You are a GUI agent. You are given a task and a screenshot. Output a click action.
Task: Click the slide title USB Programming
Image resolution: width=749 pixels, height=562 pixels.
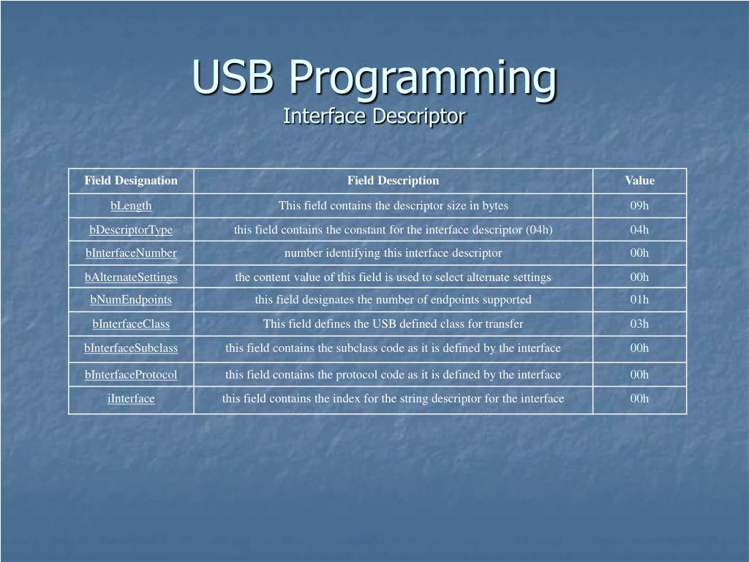click(x=374, y=77)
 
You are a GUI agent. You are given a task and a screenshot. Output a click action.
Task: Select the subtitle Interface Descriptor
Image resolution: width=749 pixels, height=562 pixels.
click(x=374, y=116)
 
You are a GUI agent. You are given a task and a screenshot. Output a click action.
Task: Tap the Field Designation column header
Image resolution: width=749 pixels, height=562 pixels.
click(x=131, y=181)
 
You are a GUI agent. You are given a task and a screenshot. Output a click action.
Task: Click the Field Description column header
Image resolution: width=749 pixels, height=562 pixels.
click(x=393, y=181)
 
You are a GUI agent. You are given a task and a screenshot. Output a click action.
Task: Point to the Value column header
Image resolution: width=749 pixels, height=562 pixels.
click(x=639, y=181)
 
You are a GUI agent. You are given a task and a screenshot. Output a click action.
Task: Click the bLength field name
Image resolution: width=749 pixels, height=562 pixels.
click(x=131, y=206)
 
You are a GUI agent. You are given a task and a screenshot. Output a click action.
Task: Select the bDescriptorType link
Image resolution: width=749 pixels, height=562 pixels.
click(x=131, y=230)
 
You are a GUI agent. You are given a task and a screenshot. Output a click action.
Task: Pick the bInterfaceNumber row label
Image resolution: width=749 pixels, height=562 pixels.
click(x=131, y=253)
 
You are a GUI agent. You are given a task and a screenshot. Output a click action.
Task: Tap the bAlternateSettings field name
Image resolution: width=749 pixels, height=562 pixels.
click(x=131, y=277)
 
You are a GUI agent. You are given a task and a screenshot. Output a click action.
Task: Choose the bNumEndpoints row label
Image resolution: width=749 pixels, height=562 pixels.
click(x=131, y=299)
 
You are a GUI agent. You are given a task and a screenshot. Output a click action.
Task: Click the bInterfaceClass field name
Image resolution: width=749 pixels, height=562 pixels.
click(x=131, y=324)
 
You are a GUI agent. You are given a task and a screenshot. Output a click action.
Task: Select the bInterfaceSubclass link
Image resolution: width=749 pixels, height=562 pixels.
click(x=131, y=348)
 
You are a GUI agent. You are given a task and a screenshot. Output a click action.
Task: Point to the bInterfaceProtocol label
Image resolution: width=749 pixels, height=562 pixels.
click(x=131, y=375)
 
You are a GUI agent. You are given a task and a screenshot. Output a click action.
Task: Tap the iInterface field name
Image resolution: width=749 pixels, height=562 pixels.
click(x=131, y=399)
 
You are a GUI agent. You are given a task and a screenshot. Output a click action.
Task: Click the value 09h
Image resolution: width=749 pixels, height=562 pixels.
click(x=639, y=206)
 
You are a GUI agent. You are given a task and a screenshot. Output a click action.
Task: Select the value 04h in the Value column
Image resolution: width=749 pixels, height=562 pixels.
click(x=639, y=230)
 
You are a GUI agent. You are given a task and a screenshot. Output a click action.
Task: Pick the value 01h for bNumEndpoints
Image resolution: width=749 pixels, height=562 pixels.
click(x=639, y=299)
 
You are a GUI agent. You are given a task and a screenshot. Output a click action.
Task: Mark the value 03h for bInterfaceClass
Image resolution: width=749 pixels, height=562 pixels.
click(x=639, y=324)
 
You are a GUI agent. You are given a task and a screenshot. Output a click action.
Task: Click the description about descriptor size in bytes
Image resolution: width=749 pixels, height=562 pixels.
click(x=393, y=206)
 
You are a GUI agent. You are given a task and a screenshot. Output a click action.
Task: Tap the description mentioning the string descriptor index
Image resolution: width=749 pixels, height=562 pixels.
click(x=393, y=399)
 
